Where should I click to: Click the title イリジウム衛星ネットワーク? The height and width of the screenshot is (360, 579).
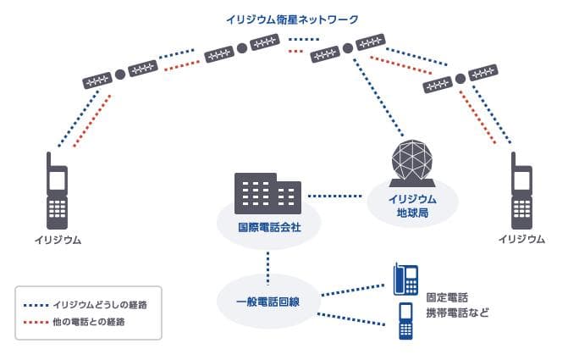[293, 19]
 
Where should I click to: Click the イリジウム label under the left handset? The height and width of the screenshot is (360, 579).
[58, 240]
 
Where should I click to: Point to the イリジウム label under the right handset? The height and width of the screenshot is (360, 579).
[521, 240]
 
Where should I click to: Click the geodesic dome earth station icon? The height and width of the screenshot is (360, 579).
[412, 163]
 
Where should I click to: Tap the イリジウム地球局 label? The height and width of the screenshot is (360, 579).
[412, 204]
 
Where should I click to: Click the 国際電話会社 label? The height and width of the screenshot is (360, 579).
[267, 228]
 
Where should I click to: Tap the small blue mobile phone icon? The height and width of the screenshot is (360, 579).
[405, 320]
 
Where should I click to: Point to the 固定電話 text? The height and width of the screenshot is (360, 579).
[447, 299]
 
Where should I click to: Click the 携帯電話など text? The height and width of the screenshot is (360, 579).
[457, 312]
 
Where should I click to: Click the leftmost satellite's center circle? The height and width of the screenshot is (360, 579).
[120, 75]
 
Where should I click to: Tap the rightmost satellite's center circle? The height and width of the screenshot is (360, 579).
[460, 79]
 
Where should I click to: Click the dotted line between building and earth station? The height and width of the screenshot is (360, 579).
[335, 197]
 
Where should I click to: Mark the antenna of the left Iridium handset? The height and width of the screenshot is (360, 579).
[49, 158]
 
